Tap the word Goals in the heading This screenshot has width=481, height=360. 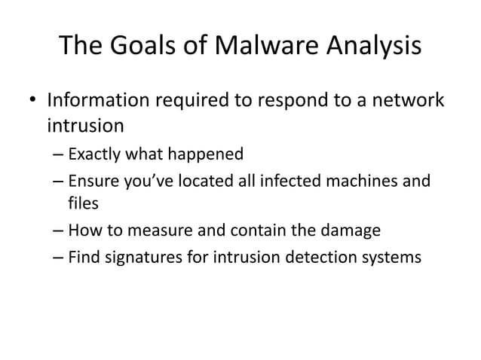point(143,47)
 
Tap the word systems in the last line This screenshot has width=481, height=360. point(389,257)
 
